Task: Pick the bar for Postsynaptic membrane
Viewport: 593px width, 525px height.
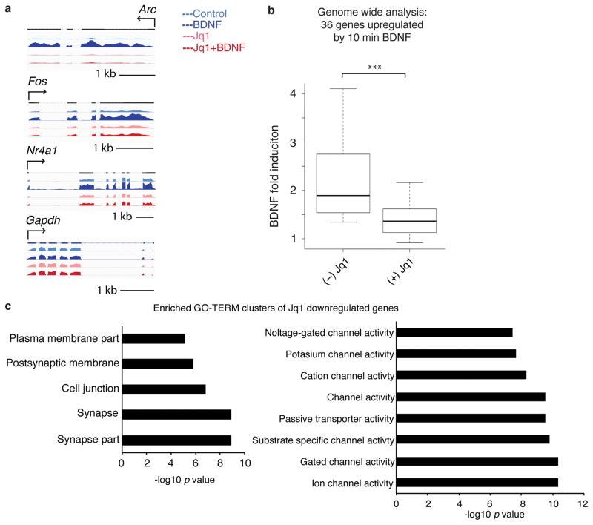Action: click(157, 363)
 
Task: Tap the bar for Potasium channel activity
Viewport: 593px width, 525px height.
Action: click(456, 354)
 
